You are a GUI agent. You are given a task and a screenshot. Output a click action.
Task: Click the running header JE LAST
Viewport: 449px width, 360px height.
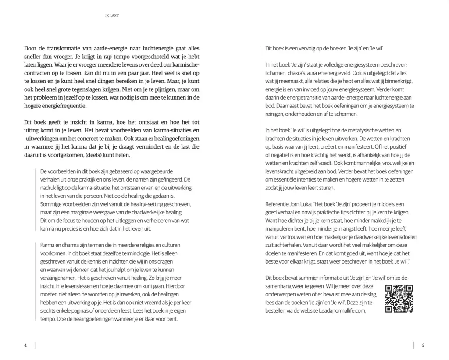112,16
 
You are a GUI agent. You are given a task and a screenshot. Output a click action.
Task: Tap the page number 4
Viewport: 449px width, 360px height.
25,345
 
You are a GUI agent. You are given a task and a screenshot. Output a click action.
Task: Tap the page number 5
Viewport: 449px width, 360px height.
423,345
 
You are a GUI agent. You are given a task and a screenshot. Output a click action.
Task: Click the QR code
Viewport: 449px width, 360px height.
399,299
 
